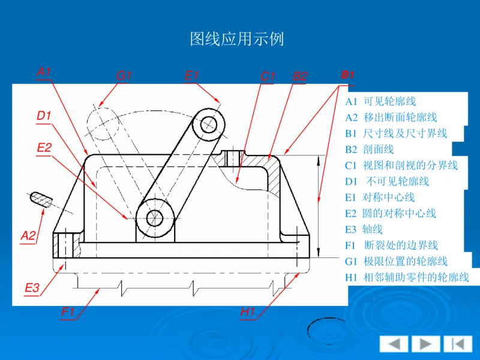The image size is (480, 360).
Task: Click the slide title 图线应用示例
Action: point(236,40)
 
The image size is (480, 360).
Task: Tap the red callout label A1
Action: point(44,72)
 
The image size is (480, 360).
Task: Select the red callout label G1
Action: point(124,76)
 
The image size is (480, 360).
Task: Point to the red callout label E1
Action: point(191,76)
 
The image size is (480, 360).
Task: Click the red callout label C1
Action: point(268,76)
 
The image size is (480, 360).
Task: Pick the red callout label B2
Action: point(299,76)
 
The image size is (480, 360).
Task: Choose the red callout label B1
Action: point(347,75)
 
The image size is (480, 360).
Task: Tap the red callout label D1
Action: point(44,116)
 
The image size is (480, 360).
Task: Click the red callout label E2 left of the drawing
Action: point(44,148)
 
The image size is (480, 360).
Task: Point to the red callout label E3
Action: point(32,288)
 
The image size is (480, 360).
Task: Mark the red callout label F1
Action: point(68,311)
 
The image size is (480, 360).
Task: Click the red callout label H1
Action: point(248,311)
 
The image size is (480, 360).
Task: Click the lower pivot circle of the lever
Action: point(155,216)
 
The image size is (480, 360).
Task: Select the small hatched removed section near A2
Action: point(41,199)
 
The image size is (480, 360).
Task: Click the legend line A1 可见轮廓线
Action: point(380,101)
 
